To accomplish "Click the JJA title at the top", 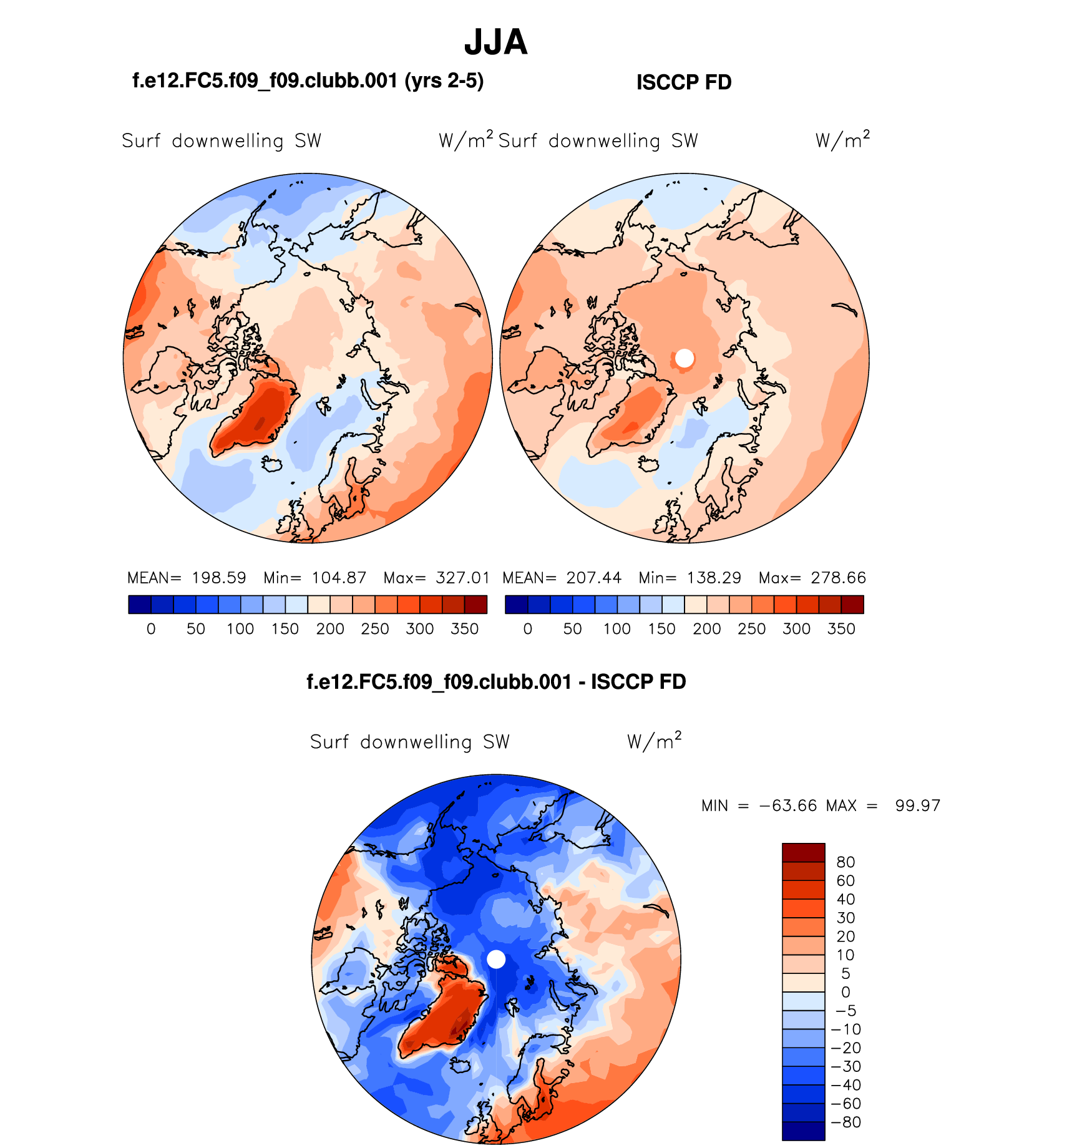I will tap(496, 42).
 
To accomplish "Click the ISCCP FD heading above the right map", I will tap(684, 82).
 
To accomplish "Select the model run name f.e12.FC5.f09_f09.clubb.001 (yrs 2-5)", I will tap(308, 81).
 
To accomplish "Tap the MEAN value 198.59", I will tap(219, 578).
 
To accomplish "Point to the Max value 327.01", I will tap(462, 578).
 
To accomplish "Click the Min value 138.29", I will tap(714, 578).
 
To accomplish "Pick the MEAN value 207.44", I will tap(594, 578).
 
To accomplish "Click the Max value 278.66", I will tap(839, 578).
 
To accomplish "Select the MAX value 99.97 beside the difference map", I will tap(917, 805).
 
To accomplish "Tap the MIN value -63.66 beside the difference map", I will tap(788, 805).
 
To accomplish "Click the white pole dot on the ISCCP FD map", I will tap(685, 358).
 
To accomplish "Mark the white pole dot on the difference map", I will tap(496, 959).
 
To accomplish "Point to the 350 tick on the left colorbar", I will tap(464, 629).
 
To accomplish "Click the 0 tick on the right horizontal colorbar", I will tap(528, 629).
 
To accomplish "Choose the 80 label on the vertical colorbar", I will tap(845, 862).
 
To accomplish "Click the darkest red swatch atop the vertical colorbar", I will tap(803, 852).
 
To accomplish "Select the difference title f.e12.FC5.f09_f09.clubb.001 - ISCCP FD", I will tap(496, 682).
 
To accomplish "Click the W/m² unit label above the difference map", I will tap(654, 741).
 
